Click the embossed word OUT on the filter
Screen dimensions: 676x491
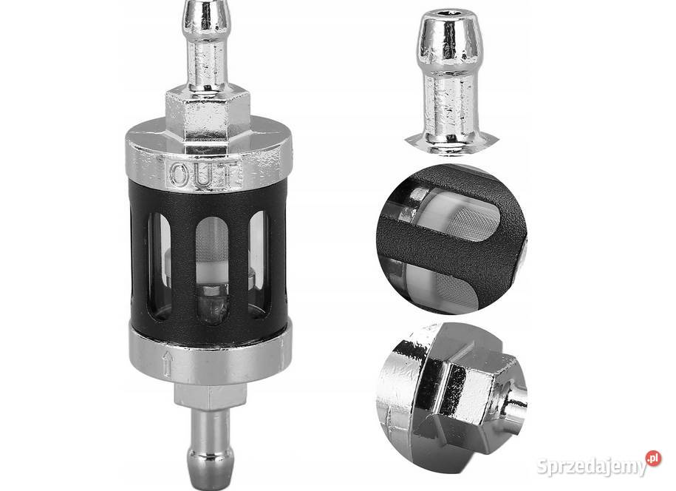tap(202, 175)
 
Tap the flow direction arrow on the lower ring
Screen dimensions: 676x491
tap(168, 363)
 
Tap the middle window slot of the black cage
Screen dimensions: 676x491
tap(212, 270)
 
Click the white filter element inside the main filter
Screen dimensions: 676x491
tap(212, 263)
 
